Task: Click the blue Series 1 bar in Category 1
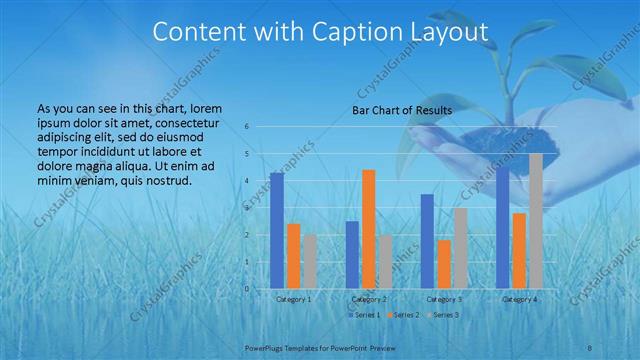point(277,231)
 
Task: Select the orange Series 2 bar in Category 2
point(368,229)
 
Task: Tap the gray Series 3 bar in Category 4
point(535,221)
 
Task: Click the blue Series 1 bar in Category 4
point(503,228)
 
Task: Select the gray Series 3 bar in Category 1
point(310,262)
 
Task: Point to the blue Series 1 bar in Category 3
point(427,241)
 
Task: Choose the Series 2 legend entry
point(402,315)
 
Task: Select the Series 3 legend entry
point(444,315)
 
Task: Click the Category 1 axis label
point(293,298)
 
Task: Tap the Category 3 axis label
point(444,298)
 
